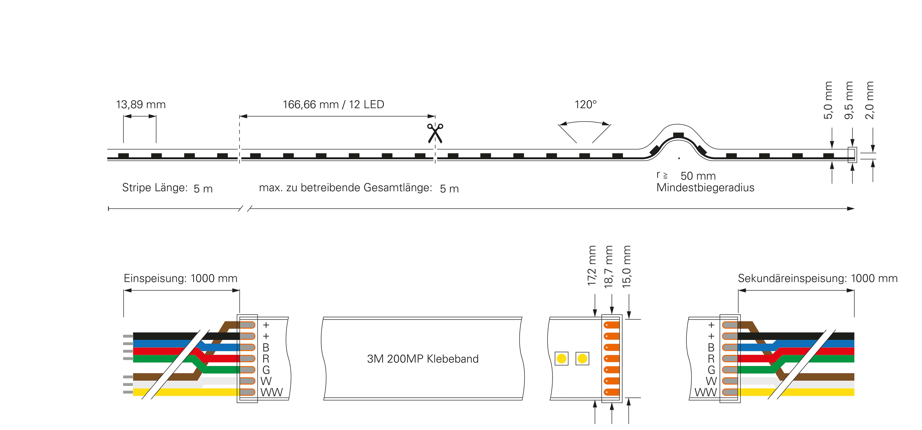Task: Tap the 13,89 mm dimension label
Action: (141, 105)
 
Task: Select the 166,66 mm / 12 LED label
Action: (333, 104)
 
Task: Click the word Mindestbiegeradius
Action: (705, 188)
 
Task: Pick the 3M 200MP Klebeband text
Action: (423, 359)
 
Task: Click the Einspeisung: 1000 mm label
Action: (180, 278)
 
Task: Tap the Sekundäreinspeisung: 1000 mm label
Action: (817, 278)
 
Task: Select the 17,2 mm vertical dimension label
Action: (592, 266)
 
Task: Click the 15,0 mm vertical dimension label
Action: (627, 267)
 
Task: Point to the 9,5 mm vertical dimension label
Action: (849, 100)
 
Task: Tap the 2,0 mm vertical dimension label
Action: (870, 100)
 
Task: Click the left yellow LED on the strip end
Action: (561, 358)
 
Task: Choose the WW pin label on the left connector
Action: (271, 392)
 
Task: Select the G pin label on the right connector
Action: (711, 370)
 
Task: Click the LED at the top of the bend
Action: (678, 135)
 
